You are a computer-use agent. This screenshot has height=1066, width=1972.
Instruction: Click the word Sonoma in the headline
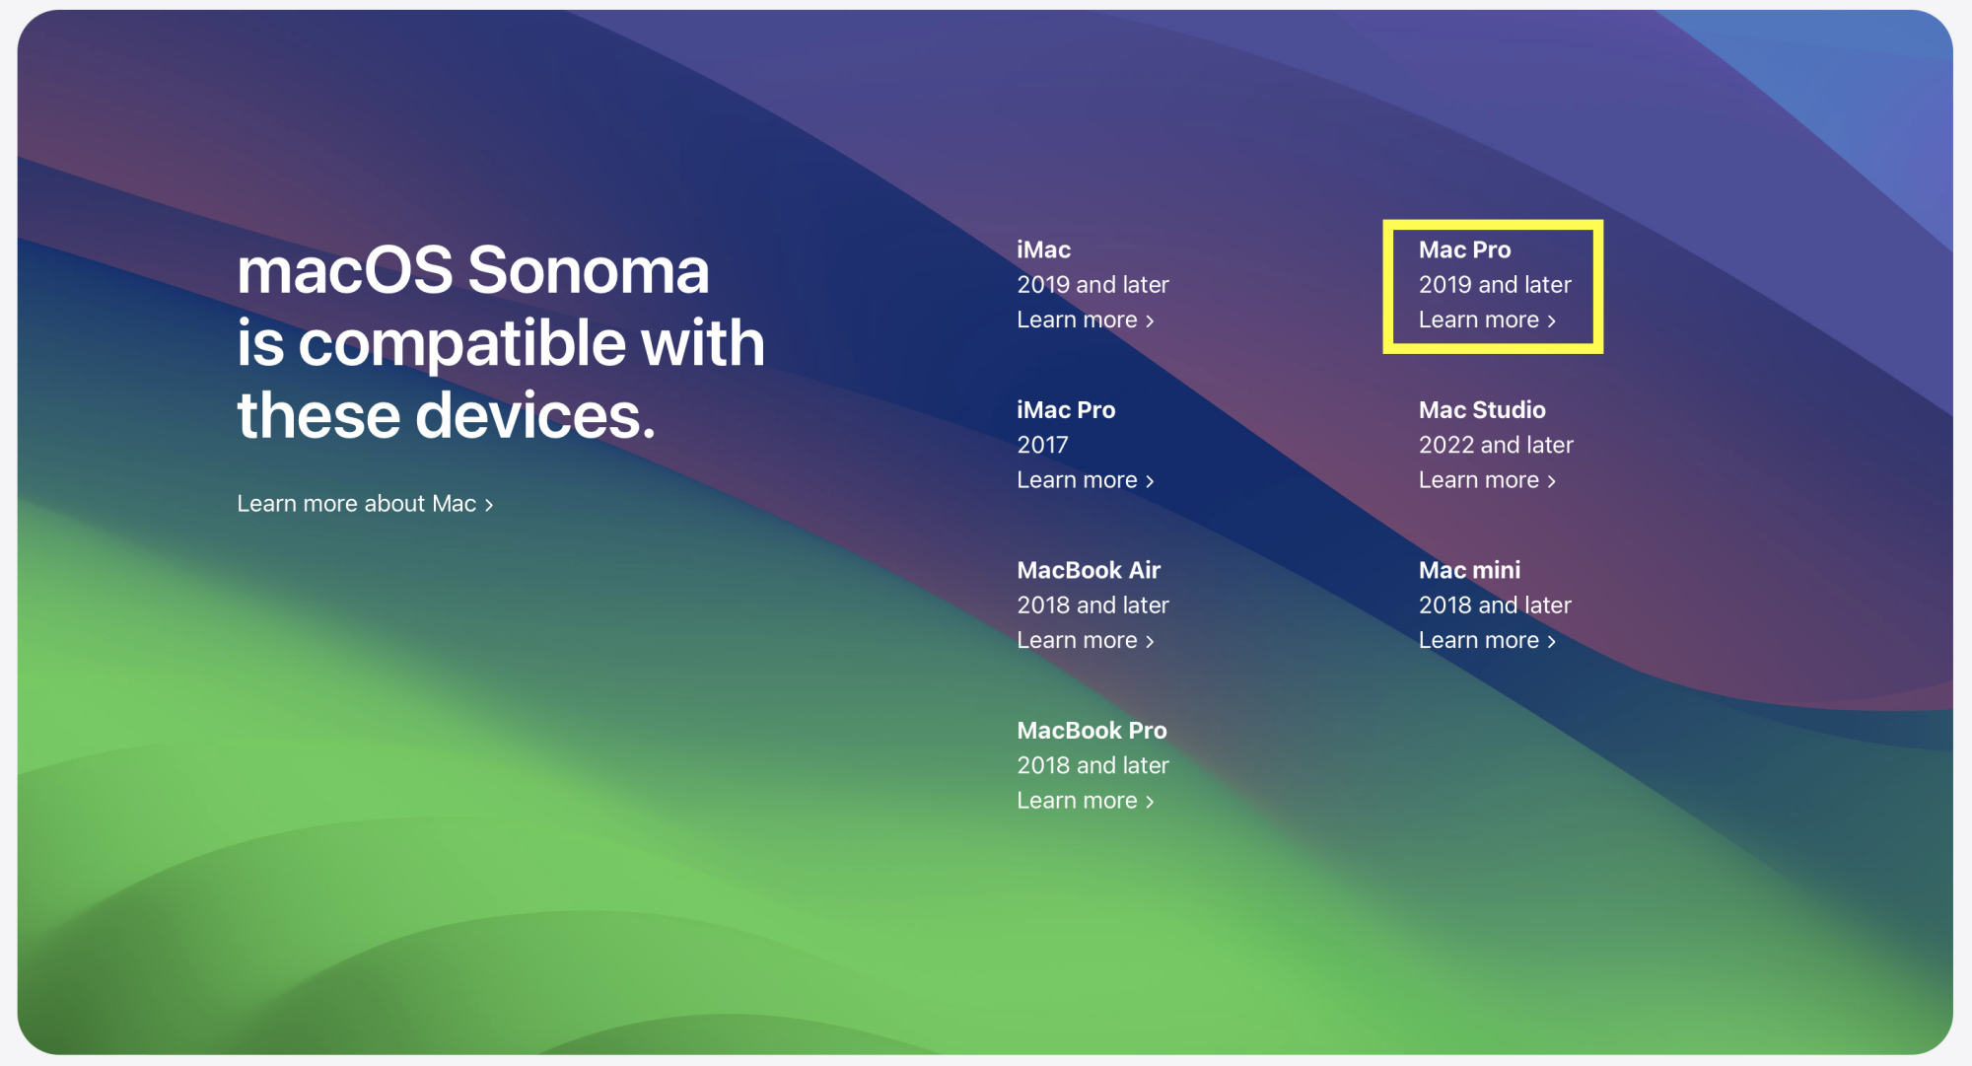[x=589, y=270]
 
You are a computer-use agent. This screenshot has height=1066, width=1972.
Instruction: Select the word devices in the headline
[x=535, y=415]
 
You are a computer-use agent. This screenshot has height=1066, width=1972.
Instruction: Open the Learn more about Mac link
[x=365, y=504]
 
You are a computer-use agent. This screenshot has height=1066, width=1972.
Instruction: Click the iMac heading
[x=1044, y=249]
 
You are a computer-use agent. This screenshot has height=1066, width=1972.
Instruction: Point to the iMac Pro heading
[x=1066, y=409]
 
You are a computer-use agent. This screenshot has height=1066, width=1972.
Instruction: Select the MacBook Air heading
[x=1089, y=570]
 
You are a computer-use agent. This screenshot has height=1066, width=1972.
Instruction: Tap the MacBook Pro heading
[x=1092, y=730]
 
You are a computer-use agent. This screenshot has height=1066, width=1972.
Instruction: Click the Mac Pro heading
[x=1464, y=249]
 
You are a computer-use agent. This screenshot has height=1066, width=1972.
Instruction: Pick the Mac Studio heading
[x=1482, y=409]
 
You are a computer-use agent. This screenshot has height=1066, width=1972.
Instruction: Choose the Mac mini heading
[x=1469, y=570]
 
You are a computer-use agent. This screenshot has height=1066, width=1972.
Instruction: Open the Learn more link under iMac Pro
[x=1086, y=480]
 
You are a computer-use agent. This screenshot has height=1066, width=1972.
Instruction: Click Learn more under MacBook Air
[x=1086, y=640]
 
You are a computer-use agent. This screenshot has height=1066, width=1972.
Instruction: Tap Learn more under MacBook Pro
[x=1086, y=801]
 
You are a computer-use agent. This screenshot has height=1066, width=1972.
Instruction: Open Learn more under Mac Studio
[x=1487, y=480]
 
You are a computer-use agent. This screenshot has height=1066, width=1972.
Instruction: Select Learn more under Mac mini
[x=1487, y=640]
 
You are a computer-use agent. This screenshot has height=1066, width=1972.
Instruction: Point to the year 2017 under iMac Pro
[x=1042, y=445]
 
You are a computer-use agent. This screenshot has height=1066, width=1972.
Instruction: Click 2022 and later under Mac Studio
[x=1496, y=445]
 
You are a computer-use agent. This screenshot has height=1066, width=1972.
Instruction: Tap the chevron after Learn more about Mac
[x=489, y=506]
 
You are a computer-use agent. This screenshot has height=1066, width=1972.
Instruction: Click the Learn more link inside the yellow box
[x=1487, y=320]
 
